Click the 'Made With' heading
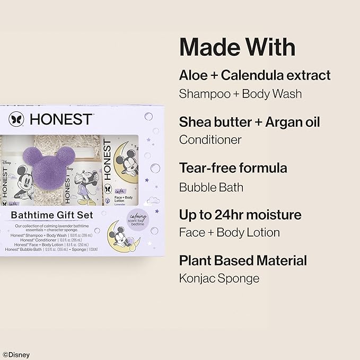237,47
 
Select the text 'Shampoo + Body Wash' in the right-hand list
240,94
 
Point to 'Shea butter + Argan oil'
249,121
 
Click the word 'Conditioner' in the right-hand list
210,140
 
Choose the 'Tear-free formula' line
233,168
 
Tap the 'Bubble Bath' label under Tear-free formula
210,187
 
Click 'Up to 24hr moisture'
240,215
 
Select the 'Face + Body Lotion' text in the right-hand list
229,232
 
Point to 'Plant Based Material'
243,261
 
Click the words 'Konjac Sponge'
219,278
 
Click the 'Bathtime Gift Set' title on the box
52,215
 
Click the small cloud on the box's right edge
154,200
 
